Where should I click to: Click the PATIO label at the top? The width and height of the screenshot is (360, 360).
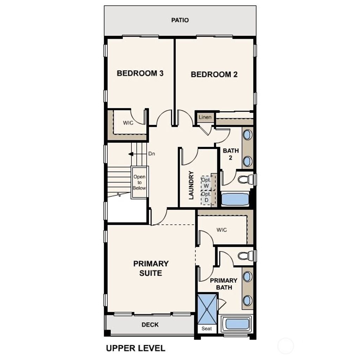click(180, 20)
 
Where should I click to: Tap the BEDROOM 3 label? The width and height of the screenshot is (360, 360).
click(140, 73)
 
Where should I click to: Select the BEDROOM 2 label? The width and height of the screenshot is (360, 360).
click(214, 75)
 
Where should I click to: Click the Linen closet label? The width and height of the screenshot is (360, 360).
click(205, 117)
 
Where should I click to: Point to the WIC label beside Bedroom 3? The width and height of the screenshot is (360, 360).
click(128, 123)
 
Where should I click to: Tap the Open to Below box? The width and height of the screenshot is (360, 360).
click(139, 182)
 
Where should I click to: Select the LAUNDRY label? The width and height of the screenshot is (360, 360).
click(191, 185)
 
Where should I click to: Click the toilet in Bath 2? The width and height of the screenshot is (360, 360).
click(245, 180)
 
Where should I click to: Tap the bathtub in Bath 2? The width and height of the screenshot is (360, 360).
click(235, 199)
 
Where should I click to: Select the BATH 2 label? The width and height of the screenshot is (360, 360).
click(231, 154)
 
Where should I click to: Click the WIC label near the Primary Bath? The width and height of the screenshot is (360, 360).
click(221, 230)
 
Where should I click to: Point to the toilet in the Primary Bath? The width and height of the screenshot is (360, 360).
click(245, 256)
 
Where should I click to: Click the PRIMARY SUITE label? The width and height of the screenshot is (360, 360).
click(151, 268)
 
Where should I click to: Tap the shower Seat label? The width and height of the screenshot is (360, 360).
click(207, 329)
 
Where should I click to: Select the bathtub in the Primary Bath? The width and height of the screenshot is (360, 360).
click(237, 324)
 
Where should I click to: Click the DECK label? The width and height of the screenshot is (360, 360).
click(150, 325)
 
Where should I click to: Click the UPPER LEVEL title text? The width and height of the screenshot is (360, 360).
click(136, 348)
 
